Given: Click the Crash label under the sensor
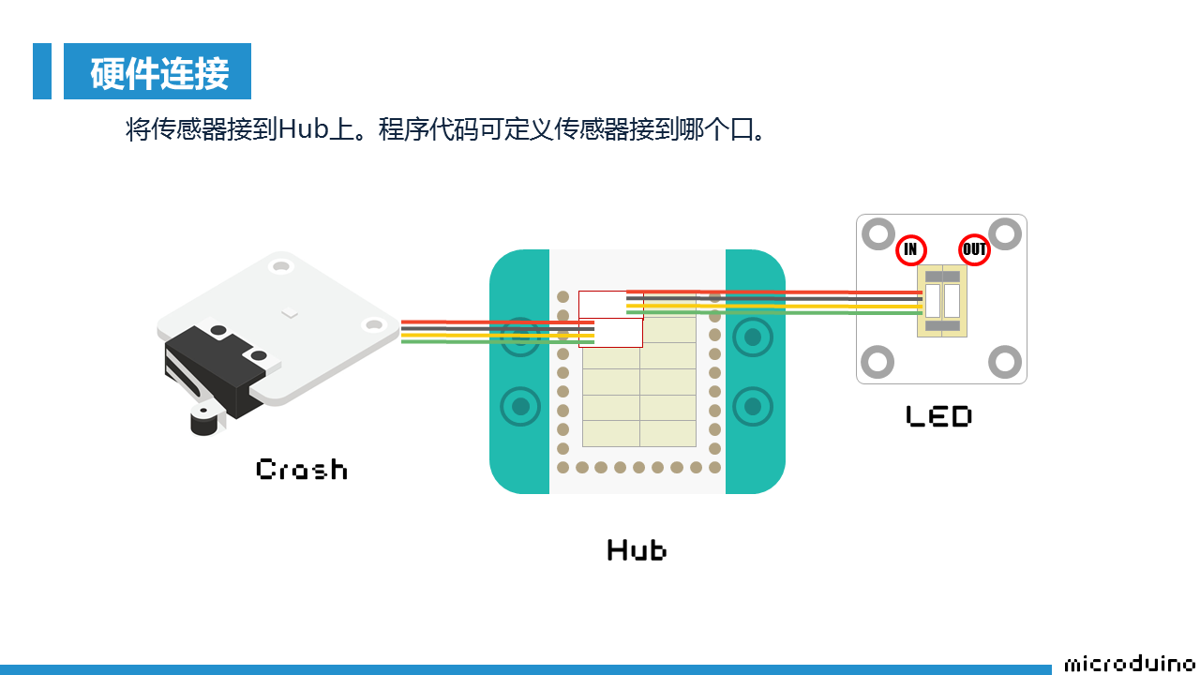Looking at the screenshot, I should (x=301, y=469).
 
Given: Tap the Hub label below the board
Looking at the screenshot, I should (x=637, y=549).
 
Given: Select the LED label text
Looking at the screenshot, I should (x=938, y=416).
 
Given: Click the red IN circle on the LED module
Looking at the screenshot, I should (x=910, y=249).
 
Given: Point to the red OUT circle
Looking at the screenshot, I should (x=975, y=249).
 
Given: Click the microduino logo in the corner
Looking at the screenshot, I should (x=1131, y=664).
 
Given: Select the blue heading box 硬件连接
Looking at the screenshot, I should (x=157, y=71).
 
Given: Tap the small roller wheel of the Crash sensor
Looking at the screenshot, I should (x=203, y=421).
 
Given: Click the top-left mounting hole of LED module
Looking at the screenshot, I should (x=878, y=234).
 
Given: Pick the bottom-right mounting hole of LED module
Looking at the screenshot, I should (x=1004, y=362).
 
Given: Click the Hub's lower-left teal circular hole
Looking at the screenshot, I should (x=520, y=407).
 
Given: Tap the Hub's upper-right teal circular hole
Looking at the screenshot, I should (x=752, y=337).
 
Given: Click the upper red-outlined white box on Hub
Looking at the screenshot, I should (x=603, y=304).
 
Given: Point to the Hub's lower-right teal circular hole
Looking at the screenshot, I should (x=752, y=407).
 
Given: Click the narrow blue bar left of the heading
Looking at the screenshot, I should (x=42, y=71).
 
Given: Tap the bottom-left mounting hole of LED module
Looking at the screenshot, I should (x=878, y=362).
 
